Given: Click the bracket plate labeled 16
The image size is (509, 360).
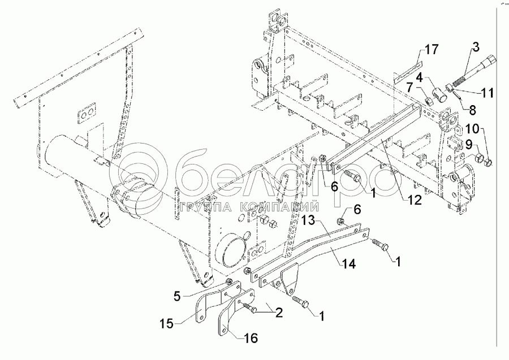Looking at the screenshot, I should [x=229, y=316].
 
